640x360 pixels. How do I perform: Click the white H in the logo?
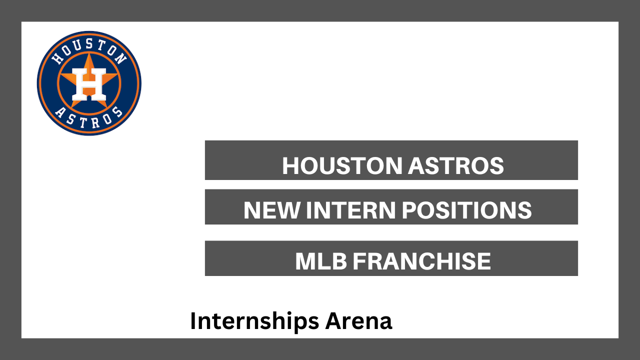tap(89, 84)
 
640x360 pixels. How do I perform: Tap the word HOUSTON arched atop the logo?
tap(89, 50)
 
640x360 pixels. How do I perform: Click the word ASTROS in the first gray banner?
tap(455, 165)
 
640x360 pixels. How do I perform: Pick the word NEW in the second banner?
tap(271, 210)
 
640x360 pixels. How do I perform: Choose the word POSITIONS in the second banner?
tap(466, 210)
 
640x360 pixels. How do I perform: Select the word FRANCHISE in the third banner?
tap(421, 261)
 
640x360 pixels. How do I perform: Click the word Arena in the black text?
tap(358, 321)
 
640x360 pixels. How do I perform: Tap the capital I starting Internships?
tap(193, 321)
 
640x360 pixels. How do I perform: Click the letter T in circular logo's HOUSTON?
tap(99, 45)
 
